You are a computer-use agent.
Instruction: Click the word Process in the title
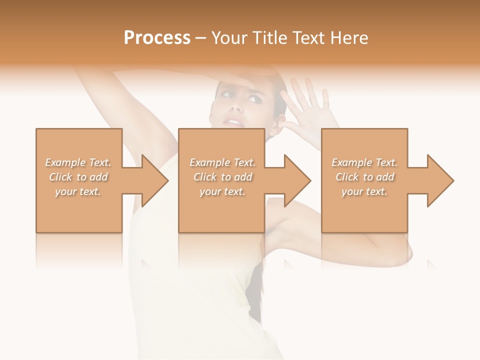(157, 38)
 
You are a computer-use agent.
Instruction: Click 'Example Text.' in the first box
(78, 162)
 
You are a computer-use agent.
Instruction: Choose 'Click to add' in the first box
(78, 177)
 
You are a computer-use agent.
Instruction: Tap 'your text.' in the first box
(78, 191)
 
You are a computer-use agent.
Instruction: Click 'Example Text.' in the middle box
(222, 162)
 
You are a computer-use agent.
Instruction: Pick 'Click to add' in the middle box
(222, 177)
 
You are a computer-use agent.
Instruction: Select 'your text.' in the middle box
(222, 191)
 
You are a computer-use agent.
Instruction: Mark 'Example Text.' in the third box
(364, 162)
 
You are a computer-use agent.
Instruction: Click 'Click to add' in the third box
(364, 177)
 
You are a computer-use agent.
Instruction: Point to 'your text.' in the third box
(364, 191)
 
